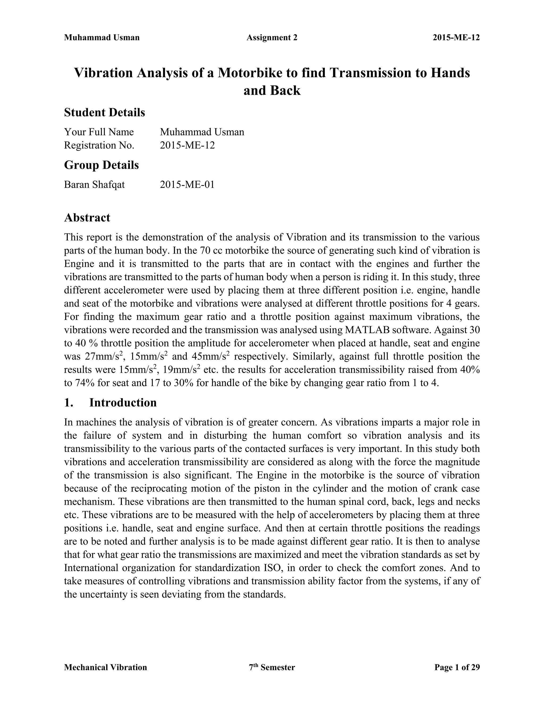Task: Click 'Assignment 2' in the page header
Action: coord(272,38)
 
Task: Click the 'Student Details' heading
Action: coord(104,112)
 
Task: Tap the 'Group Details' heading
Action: coord(101,165)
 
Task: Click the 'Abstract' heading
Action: coord(87,218)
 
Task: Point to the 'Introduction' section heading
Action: coord(123,402)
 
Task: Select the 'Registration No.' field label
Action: coord(99,145)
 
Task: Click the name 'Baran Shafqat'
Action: coord(94,185)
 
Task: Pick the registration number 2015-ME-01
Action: coord(187,185)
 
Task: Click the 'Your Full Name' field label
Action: coord(99,132)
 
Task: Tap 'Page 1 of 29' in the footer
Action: coord(457,667)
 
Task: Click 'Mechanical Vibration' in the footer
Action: coord(105,667)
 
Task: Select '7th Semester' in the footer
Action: coord(272,667)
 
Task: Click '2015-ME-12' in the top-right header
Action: coord(456,38)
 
